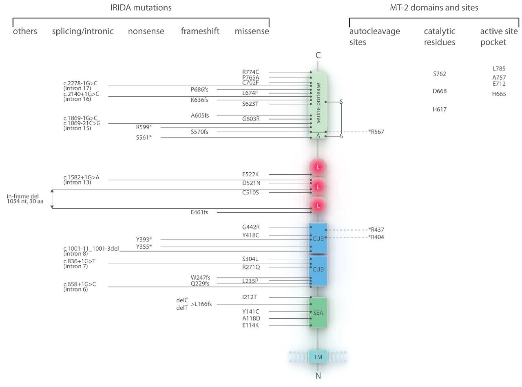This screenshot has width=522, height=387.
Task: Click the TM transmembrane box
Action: [318, 357]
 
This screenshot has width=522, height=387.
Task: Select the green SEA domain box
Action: [318, 313]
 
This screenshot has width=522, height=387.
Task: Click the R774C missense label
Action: [250, 72]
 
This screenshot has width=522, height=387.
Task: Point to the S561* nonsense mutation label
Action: [144, 138]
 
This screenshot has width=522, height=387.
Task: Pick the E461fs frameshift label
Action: [199, 212]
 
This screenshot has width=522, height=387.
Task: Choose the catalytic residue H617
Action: [439, 109]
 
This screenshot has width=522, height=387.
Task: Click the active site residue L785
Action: [499, 69]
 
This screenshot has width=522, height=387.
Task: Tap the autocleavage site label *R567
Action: [376, 132]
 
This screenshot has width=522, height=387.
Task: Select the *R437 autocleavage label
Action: [376, 230]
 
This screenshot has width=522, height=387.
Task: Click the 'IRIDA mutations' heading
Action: [141, 8]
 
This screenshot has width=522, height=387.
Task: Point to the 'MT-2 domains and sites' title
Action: [434, 8]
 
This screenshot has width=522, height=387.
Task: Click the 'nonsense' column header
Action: [146, 31]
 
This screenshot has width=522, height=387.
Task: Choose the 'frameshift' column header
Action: [200, 31]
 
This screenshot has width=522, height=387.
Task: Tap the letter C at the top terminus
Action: [318, 56]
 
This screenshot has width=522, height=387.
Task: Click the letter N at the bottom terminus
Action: [318, 376]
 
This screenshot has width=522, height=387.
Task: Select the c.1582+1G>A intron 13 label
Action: [81, 180]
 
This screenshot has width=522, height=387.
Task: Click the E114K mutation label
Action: [250, 325]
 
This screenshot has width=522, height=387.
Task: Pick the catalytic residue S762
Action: [439, 74]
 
